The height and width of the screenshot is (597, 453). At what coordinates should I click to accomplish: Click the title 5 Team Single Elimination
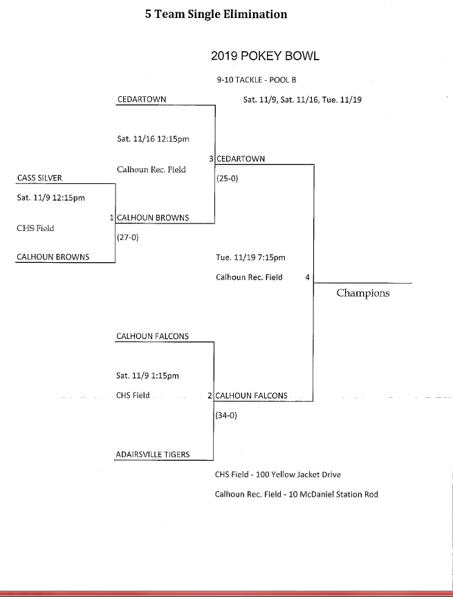tap(216, 14)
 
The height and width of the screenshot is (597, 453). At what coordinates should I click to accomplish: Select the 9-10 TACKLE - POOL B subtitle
tap(256, 80)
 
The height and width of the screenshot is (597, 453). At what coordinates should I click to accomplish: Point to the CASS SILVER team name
tap(39, 178)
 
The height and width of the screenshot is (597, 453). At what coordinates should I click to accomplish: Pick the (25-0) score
tap(228, 178)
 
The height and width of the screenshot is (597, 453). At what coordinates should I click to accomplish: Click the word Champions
tap(363, 293)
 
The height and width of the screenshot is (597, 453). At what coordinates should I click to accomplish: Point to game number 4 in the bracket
tap(307, 277)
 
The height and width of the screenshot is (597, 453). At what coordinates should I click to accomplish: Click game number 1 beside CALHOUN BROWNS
tap(111, 218)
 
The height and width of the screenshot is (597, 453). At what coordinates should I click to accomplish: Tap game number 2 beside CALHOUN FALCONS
tap(210, 396)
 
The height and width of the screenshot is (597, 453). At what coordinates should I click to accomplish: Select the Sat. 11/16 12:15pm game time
tap(154, 138)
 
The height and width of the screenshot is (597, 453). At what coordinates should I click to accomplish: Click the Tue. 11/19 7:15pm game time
tap(250, 259)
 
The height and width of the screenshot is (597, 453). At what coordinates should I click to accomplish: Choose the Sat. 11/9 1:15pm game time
tap(148, 376)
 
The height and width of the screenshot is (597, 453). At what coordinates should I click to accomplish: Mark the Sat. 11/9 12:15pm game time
tap(50, 198)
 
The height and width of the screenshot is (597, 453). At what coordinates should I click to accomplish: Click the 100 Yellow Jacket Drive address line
tap(278, 475)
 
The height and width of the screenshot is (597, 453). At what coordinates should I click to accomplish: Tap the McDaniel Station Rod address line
tap(297, 495)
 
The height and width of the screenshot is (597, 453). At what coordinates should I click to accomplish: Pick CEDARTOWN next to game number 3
tap(241, 159)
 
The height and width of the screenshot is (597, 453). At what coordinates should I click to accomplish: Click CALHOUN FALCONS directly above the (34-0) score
tap(252, 396)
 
